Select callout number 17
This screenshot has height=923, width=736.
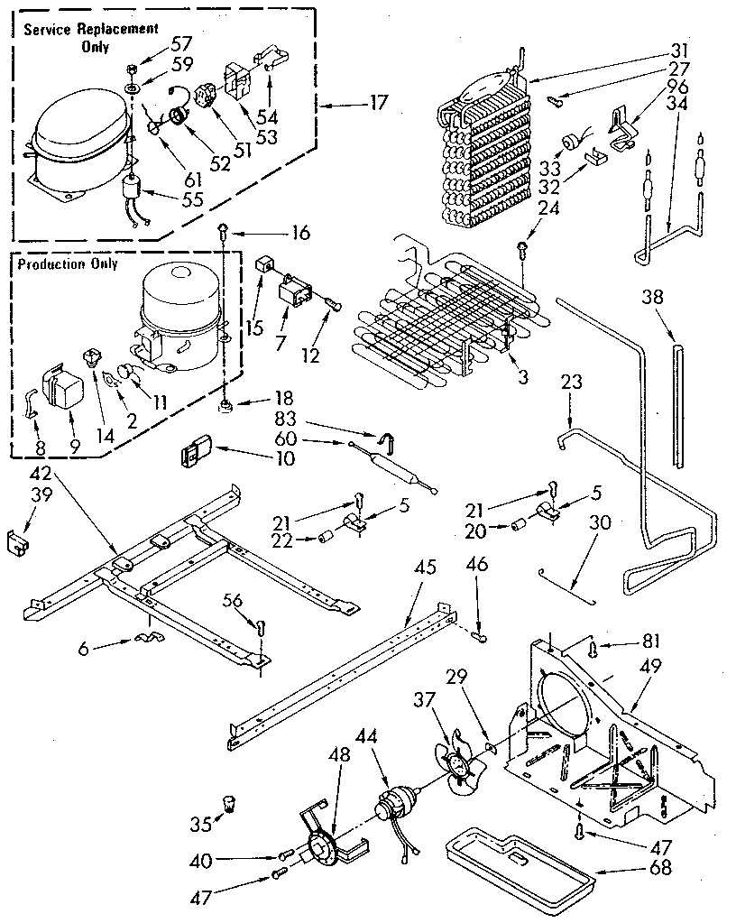click(377, 104)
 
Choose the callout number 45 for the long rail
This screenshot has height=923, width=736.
click(425, 568)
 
